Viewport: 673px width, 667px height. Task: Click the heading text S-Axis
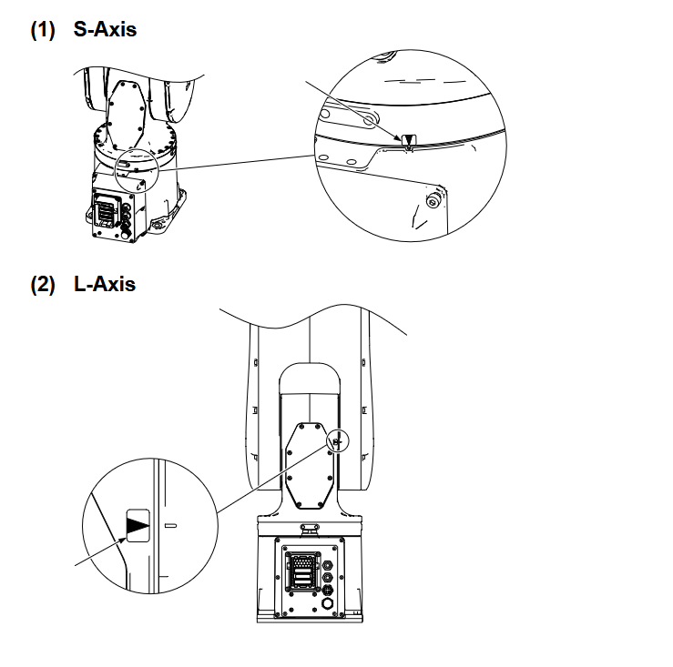[105, 29]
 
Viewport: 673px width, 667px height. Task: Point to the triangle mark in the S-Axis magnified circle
[408, 141]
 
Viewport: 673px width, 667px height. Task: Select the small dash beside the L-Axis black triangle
[170, 525]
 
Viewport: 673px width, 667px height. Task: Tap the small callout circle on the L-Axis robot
[336, 441]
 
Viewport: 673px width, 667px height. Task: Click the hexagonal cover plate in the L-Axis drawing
[308, 466]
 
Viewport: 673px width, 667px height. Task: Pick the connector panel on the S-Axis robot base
[107, 212]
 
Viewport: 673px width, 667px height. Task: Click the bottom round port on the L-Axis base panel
[328, 602]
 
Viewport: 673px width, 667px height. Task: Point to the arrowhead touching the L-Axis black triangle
[122, 537]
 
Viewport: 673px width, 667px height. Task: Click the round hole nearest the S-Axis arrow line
[368, 119]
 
